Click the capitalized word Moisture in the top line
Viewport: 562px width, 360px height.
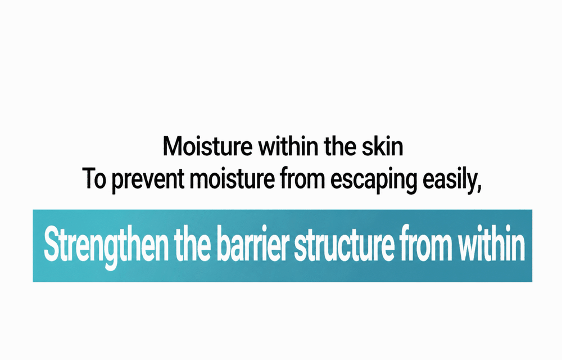pyautogui.click(x=207, y=146)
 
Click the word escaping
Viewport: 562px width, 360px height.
pyautogui.click(x=374, y=181)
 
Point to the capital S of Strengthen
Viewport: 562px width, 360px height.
pyautogui.click(x=51, y=244)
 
